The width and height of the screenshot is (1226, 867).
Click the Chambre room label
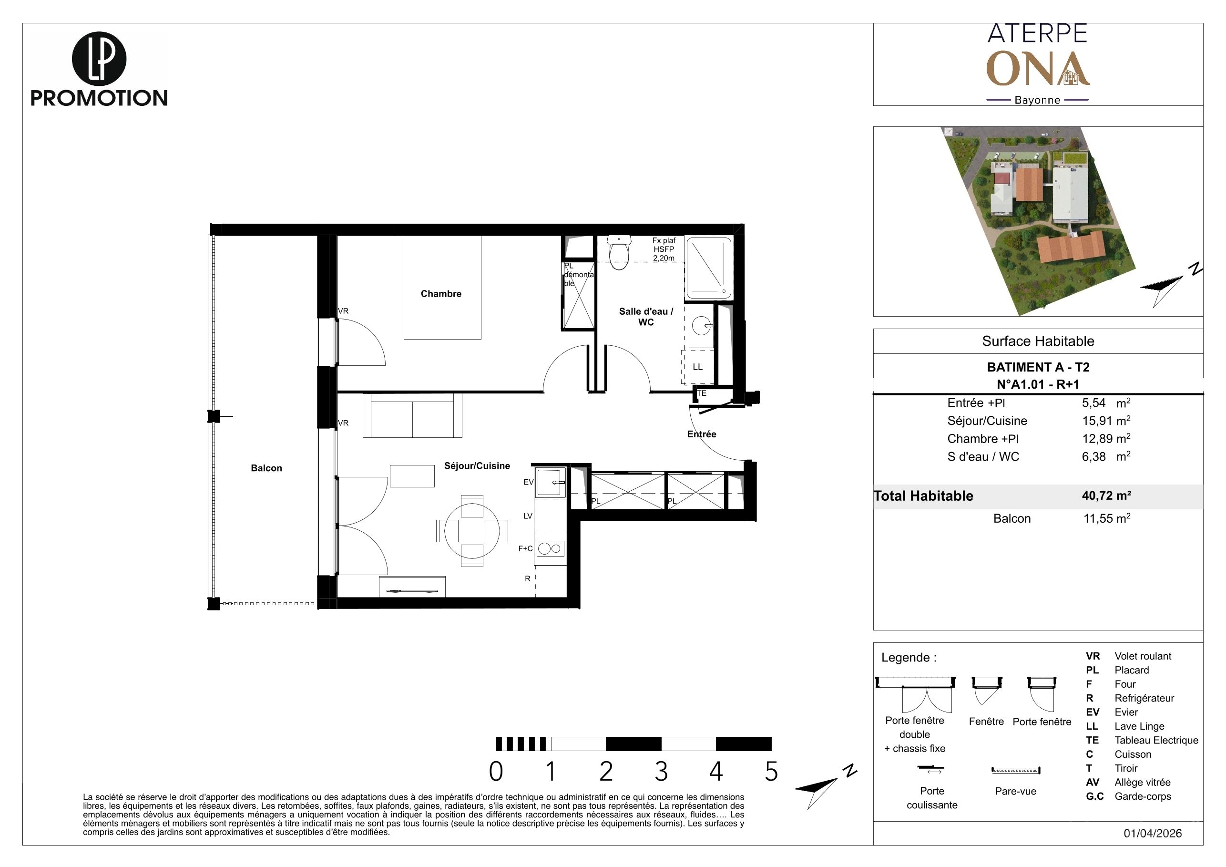(x=440, y=294)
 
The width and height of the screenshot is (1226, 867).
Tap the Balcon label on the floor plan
(x=266, y=468)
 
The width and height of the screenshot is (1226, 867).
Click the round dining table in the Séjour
(x=472, y=530)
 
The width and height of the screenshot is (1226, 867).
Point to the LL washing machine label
(x=697, y=367)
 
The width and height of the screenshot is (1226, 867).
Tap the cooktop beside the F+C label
(x=550, y=548)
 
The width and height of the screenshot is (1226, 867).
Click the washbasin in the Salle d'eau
(x=701, y=326)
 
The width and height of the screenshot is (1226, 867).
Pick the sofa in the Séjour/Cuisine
(x=412, y=415)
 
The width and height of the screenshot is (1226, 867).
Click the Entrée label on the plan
(x=702, y=434)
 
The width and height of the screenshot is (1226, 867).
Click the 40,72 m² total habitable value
(x=1106, y=495)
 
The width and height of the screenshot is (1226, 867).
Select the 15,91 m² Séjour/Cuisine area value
(x=1106, y=421)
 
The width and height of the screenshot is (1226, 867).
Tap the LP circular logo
(x=99, y=59)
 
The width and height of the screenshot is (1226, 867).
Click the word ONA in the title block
(x=1038, y=69)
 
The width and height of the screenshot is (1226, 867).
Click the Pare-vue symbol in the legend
(x=1016, y=770)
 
